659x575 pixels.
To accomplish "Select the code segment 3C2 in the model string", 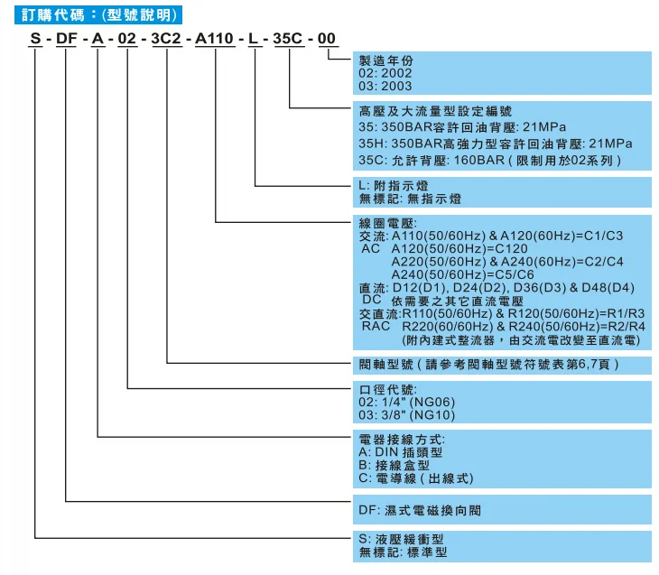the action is coord(167,39).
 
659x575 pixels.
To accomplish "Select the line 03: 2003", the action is coord(385,87).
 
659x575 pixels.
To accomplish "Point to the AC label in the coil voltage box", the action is coord(371,247).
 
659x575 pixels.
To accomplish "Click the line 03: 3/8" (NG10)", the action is coord(407,415).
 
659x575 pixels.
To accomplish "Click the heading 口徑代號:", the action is coord(386,390).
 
